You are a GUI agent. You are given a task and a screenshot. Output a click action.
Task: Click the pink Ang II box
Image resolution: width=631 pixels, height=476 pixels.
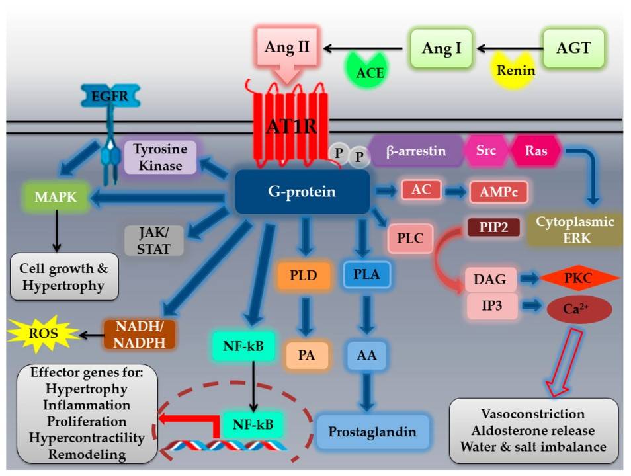tap(286, 48)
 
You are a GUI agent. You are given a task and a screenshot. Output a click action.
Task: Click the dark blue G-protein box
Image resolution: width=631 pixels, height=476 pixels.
tap(302, 192)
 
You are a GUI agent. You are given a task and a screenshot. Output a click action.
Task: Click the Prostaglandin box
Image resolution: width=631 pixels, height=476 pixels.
tap(374, 432)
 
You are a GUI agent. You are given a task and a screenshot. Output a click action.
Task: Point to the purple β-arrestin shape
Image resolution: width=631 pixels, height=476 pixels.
tap(417, 151)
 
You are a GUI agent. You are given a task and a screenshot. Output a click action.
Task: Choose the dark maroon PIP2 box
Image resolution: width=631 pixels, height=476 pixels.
tap(493, 228)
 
